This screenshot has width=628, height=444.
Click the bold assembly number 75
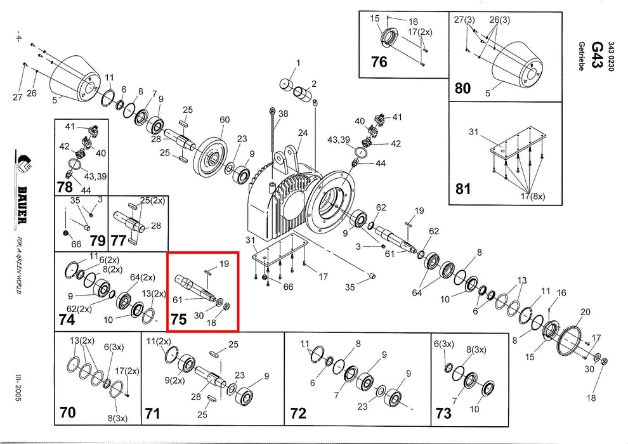point(179,318)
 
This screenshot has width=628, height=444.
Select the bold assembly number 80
point(463,88)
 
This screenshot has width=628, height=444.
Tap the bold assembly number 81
point(463,189)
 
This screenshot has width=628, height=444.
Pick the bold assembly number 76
point(379,63)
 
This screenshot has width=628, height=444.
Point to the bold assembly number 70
point(67,413)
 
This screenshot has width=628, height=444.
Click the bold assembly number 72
point(298,414)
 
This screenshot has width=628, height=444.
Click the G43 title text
point(597,49)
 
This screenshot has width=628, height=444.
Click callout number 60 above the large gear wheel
point(225,120)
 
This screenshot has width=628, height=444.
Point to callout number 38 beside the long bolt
point(283,114)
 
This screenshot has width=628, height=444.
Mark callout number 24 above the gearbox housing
point(303,133)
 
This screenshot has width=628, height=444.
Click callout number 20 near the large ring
point(585,311)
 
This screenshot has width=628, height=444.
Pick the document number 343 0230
point(612,57)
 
